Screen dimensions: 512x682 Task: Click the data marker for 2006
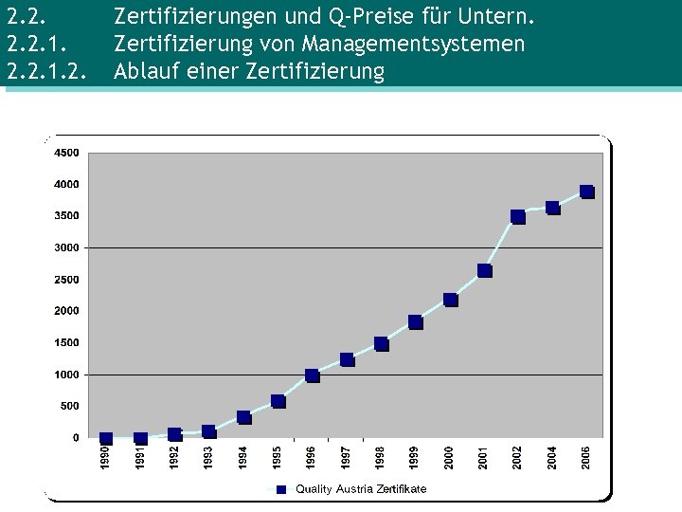pyautogui.click(x=587, y=192)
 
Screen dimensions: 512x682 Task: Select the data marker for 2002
pyautogui.click(x=518, y=216)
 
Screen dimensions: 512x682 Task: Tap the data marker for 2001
pyautogui.click(x=484, y=270)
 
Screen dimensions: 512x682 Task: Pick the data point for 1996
pyautogui.click(x=313, y=375)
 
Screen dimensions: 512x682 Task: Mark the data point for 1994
pyautogui.click(x=243, y=417)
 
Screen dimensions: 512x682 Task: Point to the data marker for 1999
pyautogui.click(x=416, y=322)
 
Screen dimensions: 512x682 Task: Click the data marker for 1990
pyautogui.click(x=106, y=439)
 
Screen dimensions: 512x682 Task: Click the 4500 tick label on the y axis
pyautogui.click(x=66, y=153)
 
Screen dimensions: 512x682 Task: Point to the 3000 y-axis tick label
pyautogui.click(x=66, y=247)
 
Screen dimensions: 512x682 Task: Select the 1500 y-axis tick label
pyautogui.click(x=66, y=342)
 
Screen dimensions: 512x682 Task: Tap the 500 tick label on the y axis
pyautogui.click(x=70, y=406)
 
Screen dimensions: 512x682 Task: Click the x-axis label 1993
pyautogui.click(x=208, y=456)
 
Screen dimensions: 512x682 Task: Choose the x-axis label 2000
pyautogui.click(x=449, y=456)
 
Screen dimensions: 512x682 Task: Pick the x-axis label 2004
pyautogui.click(x=552, y=456)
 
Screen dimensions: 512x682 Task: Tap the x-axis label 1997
pyautogui.click(x=346, y=456)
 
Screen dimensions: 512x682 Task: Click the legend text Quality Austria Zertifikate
pyautogui.click(x=361, y=488)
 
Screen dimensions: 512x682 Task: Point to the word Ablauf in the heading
pyautogui.click(x=142, y=72)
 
